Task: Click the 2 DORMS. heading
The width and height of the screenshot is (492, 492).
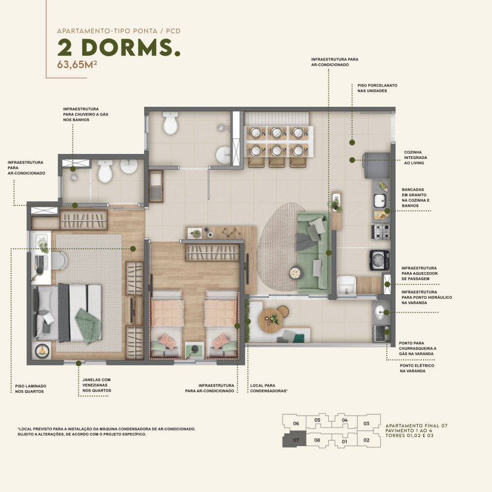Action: coord(119,47)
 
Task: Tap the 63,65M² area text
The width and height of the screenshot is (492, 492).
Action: coord(77,64)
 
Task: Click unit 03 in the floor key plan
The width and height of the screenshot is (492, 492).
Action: coord(367,424)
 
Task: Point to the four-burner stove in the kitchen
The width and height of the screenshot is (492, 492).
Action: coord(381,232)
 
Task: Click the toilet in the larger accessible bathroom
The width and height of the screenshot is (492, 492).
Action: coord(170,123)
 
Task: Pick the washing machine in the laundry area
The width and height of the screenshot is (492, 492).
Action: coord(380,260)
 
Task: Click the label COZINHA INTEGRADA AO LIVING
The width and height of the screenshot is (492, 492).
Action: coord(415,157)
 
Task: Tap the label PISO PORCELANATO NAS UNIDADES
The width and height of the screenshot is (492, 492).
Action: coord(377,88)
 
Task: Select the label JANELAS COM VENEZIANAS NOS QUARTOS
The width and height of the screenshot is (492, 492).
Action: coord(96,385)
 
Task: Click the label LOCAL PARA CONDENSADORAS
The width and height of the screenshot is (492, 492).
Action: coord(269,388)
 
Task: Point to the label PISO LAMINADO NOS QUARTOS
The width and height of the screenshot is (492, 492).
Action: coord(31,389)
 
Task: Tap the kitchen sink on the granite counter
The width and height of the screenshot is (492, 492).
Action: coord(380,201)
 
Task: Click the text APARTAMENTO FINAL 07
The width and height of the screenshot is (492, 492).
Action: coord(416,426)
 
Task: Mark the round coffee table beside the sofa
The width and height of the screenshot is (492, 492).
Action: coord(296,272)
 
